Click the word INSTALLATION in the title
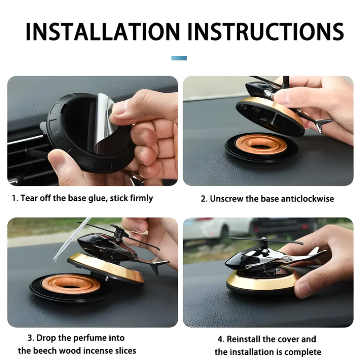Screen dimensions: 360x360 click(x=103, y=31)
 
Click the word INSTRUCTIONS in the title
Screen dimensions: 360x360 click(x=266, y=31)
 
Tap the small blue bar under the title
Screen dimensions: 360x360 click(x=179, y=58)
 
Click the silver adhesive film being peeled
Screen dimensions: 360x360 click(x=104, y=124)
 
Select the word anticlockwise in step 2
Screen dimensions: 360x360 click(x=307, y=198)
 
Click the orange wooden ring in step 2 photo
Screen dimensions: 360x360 click(x=261, y=144)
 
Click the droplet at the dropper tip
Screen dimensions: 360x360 click(x=55, y=260)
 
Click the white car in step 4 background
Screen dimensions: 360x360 click(x=219, y=228)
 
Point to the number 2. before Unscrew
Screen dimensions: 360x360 click(x=204, y=199)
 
